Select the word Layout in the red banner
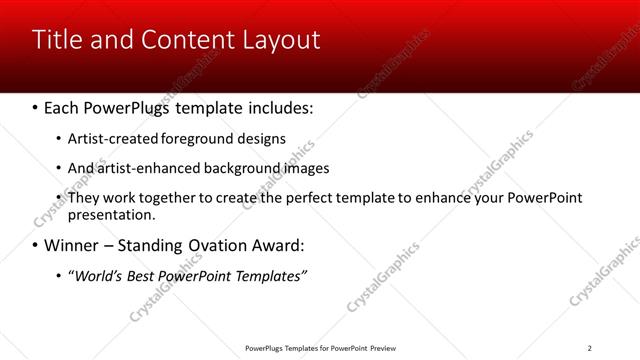point(282,40)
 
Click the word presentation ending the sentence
point(111,214)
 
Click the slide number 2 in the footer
point(589,348)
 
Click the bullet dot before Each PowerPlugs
point(35,107)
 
